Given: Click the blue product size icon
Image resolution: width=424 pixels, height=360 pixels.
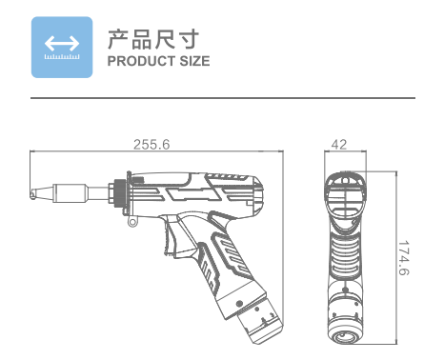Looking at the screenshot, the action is coord(62,47).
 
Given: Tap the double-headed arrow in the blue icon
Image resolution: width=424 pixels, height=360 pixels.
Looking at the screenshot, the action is coord(62,43).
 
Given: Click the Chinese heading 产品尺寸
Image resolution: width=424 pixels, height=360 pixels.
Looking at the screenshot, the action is coord(153,39).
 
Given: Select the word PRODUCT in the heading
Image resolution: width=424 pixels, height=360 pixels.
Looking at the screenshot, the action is coord(141,61).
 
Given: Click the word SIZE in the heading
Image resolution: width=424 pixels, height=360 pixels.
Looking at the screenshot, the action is coord(194,61).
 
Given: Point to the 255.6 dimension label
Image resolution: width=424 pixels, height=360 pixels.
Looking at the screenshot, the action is coord(151,145).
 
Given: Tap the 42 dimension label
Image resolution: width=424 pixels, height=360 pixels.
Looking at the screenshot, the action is coord(339,145).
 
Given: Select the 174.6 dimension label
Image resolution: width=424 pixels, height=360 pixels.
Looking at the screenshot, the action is coord(404,258).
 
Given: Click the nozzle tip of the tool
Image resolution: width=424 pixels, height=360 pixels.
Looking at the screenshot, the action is coord(33,193).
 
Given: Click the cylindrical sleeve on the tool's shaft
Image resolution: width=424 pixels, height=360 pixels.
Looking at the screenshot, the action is coord(71,192).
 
